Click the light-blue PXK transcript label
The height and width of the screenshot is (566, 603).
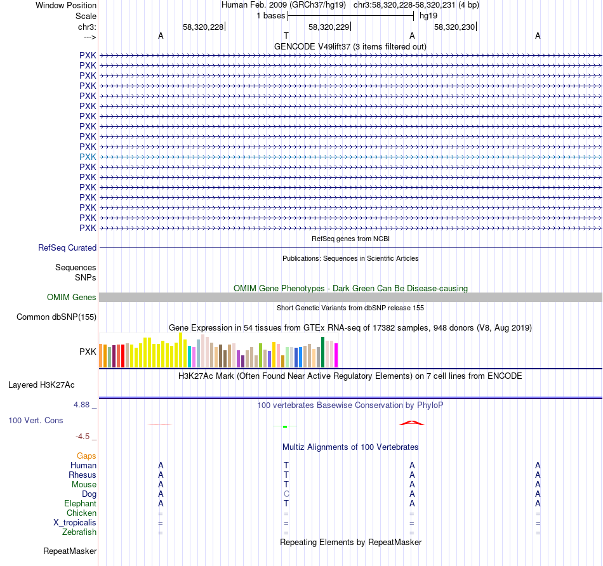coord(88,157)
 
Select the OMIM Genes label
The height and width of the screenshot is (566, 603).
coord(71,298)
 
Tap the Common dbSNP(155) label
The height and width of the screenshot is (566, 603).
coord(56,317)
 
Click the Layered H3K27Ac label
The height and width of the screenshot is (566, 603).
coord(41,385)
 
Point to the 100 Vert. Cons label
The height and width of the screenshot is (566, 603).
coord(36,421)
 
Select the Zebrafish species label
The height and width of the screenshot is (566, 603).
coord(79,532)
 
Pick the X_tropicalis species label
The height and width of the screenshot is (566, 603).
coord(75,523)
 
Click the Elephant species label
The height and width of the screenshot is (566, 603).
coord(80,504)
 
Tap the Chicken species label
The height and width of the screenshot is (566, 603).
coord(81,513)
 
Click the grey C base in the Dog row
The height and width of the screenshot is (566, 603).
coord(286,494)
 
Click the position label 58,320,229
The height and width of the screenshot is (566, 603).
coord(328,27)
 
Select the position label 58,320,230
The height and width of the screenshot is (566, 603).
coord(454,27)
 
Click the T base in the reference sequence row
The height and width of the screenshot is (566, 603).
coord(286,36)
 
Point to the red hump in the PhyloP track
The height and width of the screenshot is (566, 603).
coord(411,423)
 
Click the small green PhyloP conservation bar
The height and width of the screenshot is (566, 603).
coord(285,426)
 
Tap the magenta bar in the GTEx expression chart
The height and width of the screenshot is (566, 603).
coord(336,355)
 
